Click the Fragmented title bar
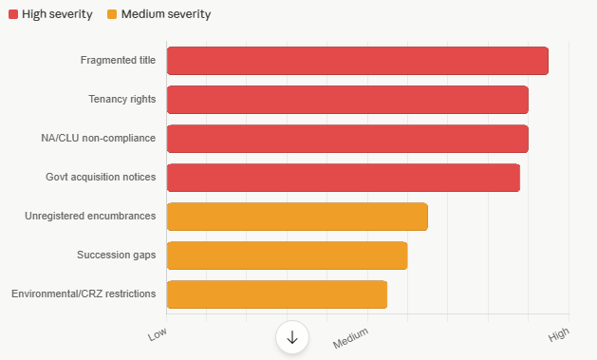(x=358, y=61)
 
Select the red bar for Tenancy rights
(x=347, y=100)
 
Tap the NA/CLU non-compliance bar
(x=347, y=139)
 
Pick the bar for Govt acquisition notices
(x=344, y=178)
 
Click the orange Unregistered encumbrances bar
(x=297, y=217)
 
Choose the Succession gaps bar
(x=287, y=256)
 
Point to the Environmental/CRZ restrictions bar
(x=277, y=294)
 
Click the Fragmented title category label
(x=118, y=60)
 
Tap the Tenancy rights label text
(x=122, y=99)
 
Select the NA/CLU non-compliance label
(x=98, y=138)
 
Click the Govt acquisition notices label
(x=101, y=177)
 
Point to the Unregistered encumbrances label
(x=90, y=216)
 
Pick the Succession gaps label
(x=116, y=255)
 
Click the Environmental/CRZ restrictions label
(x=84, y=294)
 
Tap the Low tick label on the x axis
(x=158, y=334)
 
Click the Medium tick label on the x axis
(x=350, y=338)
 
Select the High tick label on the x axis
(x=558, y=334)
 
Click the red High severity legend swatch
(x=13, y=14)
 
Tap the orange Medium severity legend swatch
(x=112, y=14)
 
